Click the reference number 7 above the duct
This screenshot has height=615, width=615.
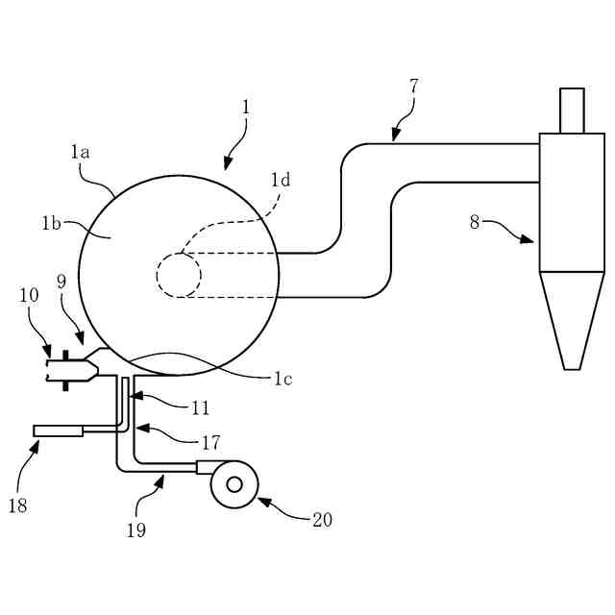click(x=413, y=86)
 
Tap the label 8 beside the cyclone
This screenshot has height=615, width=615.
click(x=474, y=221)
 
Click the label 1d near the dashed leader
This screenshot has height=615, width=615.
click(x=281, y=179)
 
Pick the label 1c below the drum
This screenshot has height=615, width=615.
click(x=281, y=379)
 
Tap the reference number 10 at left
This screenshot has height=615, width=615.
click(x=29, y=295)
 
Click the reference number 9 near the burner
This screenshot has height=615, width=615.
click(x=61, y=282)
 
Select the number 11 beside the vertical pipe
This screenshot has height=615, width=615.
click(x=200, y=407)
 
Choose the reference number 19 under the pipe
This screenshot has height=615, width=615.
click(x=136, y=529)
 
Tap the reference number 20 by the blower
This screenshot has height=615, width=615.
click(x=322, y=520)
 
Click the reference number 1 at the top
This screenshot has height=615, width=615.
click(x=246, y=107)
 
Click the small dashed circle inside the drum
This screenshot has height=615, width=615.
click(x=179, y=275)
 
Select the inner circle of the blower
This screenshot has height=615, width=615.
click(x=234, y=484)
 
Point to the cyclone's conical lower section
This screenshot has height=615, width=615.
click(x=571, y=317)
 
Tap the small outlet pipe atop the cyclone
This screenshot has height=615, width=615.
click(x=572, y=111)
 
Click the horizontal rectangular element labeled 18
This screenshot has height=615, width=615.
click(x=58, y=430)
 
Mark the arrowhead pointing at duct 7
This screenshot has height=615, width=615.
click(x=395, y=136)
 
